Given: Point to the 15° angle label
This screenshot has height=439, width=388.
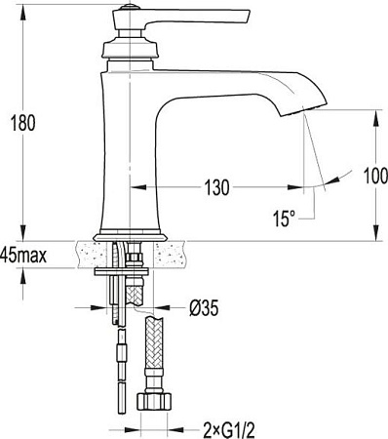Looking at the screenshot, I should pos(284,219).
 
